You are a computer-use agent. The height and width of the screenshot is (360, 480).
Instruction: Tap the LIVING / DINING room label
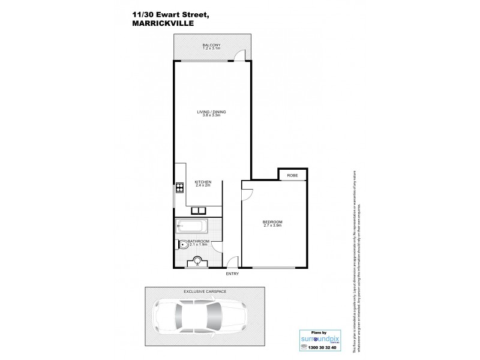(x=211, y=112)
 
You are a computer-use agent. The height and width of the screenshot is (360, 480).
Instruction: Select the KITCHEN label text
(x=202, y=182)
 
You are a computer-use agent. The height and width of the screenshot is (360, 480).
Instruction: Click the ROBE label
(x=292, y=175)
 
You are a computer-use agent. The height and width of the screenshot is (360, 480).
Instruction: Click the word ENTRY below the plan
(x=232, y=274)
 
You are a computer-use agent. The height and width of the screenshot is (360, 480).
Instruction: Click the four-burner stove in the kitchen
(x=179, y=188)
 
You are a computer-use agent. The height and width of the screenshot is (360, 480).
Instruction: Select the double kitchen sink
(x=199, y=211)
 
